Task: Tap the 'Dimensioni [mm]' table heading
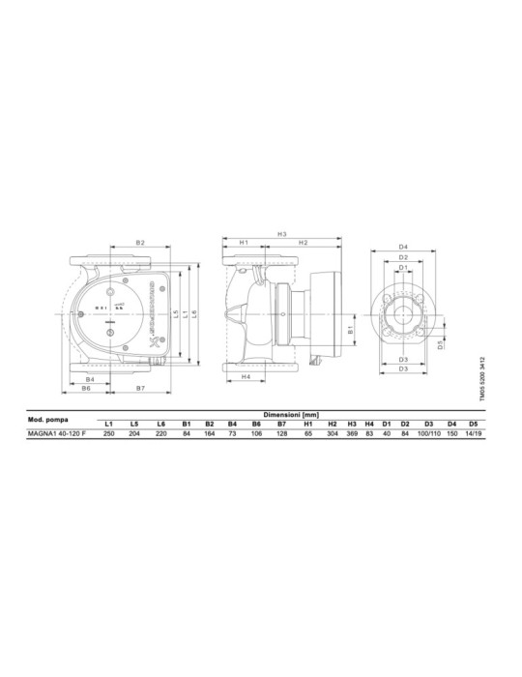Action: point(292,413)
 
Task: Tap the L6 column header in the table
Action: point(160,425)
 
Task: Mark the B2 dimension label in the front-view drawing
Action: point(140,242)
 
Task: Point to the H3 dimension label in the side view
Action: point(282,233)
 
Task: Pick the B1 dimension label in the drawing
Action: point(351,330)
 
